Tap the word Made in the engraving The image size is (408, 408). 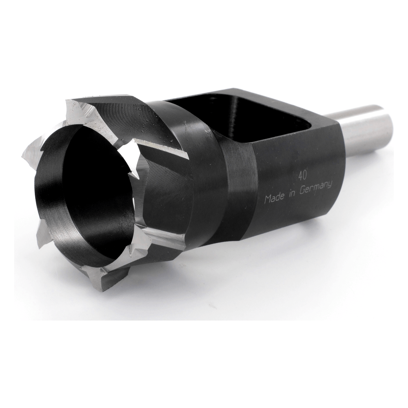pos(274,198)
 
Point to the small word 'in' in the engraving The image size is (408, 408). pos(291,193)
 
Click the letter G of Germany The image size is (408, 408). pos(303,191)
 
